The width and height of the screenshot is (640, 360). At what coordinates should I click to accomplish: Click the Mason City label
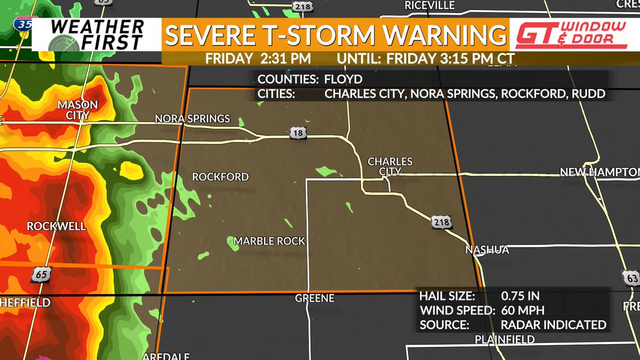click(78, 109)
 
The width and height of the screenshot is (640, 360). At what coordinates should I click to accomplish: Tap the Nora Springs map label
click(193, 118)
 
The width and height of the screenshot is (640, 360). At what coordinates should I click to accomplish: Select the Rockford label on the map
click(220, 177)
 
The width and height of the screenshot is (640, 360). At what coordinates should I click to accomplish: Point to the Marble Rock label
click(269, 241)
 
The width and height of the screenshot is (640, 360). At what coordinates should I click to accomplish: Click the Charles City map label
click(390, 166)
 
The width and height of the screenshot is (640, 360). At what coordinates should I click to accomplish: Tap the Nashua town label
click(487, 250)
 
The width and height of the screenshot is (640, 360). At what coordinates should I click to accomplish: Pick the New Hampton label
click(599, 172)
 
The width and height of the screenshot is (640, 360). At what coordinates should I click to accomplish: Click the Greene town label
click(315, 298)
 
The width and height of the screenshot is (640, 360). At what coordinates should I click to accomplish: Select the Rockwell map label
click(56, 226)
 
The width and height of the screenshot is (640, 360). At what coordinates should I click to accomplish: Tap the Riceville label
click(429, 5)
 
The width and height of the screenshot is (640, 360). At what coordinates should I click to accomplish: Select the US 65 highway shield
click(40, 275)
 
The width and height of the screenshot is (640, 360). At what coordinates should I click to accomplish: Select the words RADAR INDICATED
click(553, 325)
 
